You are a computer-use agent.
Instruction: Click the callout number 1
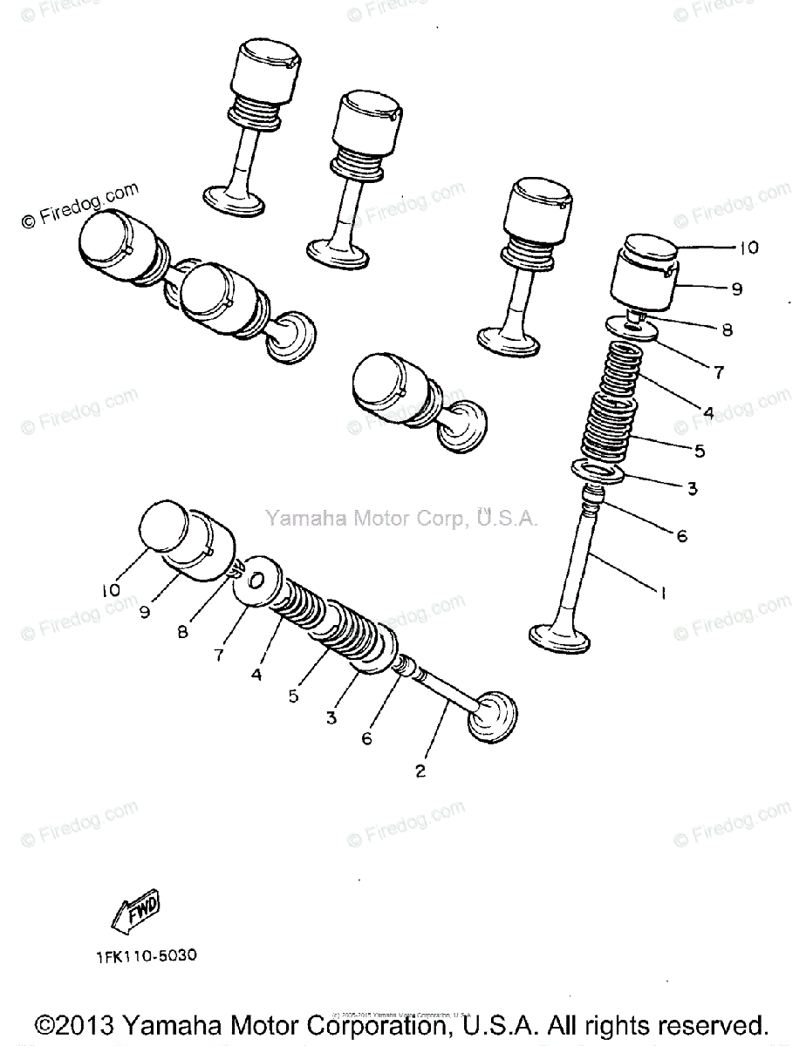(x=663, y=594)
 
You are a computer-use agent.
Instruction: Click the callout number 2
(x=420, y=771)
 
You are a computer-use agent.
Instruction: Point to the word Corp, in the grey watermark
(x=441, y=519)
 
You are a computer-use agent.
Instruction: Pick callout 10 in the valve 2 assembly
(x=110, y=590)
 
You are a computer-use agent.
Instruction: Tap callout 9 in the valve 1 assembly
(x=736, y=289)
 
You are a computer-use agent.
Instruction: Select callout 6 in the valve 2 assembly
(x=366, y=738)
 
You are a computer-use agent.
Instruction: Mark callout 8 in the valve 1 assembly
(x=726, y=330)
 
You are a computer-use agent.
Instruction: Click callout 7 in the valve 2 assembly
(x=217, y=653)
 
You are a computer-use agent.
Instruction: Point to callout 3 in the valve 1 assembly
(x=691, y=490)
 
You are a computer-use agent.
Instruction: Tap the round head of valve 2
(x=493, y=717)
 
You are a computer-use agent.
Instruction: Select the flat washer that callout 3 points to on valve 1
(x=597, y=472)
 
